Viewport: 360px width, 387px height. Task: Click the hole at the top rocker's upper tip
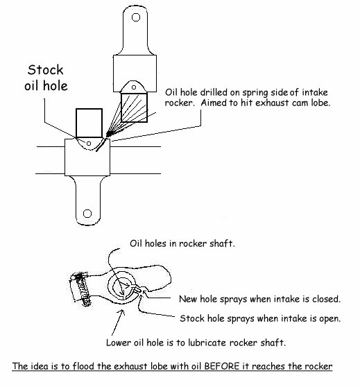pyautogui.click(x=136, y=17)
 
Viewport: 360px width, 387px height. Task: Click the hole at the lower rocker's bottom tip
pyautogui.click(x=87, y=214)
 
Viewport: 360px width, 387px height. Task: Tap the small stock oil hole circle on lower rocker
pyautogui.click(x=89, y=144)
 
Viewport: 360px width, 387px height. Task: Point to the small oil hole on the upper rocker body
pyautogui.click(x=134, y=87)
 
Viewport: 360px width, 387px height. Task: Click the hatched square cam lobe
pyautogui.click(x=134, y=108)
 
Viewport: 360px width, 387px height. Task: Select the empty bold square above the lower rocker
pyautogui.click(x=89, y=123)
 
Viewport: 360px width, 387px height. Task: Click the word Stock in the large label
pyautogui.click(x=45, y=70)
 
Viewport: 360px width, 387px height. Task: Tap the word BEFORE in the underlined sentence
pyautogui.click(x=222, y=365)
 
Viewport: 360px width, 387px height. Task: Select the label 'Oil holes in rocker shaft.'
pyautogui.click(x=182, y=243)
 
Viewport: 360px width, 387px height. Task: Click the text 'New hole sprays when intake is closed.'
pyautogui.click(x=259, y=299)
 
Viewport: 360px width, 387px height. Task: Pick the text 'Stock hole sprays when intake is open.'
pyautogui.click(x=260, y=318)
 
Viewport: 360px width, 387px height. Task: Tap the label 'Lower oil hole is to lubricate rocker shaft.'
pyautogui.click(x=196, y=343)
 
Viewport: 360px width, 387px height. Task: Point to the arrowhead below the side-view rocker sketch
pyautogui.click(x=121, y=313)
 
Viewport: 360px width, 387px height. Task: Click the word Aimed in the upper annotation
pyautogui.click(x=213, y=103)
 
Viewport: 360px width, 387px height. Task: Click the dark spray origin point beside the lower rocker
pyautogui.click(x=110, y=134)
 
